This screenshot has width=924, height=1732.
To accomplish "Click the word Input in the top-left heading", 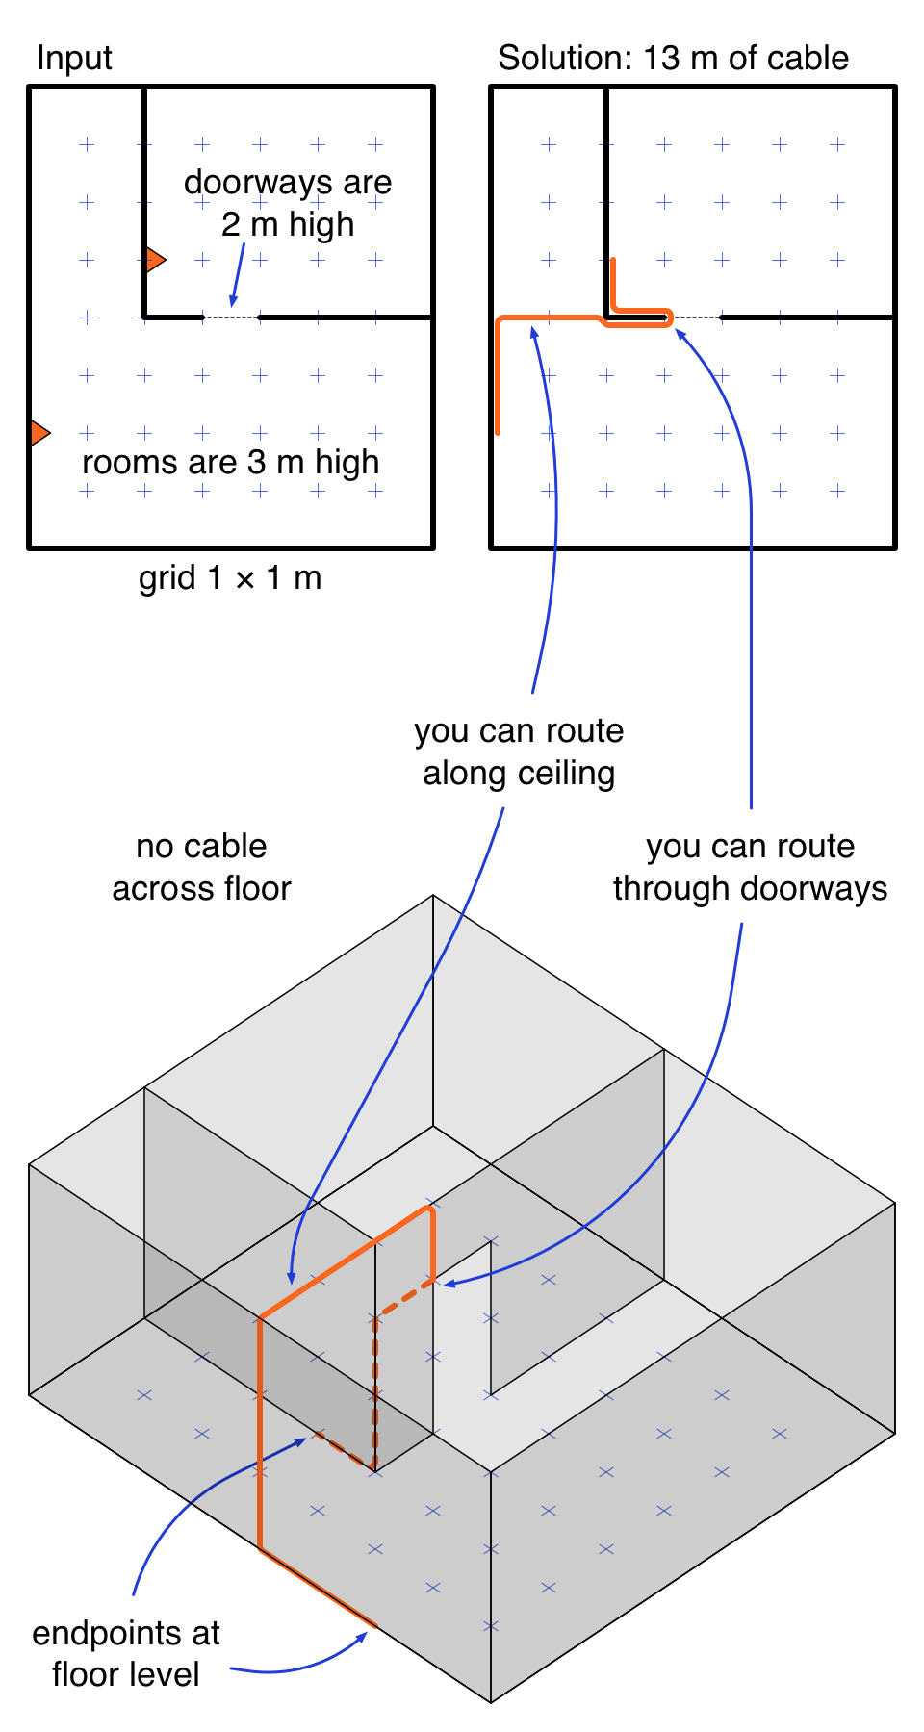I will tap(74, 59).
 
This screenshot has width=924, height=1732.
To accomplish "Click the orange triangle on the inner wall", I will tap(154, 260).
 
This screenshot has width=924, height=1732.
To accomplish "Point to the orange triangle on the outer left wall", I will tap(38, 433).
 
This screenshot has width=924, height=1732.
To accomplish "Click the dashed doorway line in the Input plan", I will tap(231, 317).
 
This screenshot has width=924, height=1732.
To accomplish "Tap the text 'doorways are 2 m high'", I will tap(288, 203).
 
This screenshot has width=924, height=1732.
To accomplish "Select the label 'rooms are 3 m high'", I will tap(231, 463).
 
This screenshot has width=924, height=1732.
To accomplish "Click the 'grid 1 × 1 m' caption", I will tap(230, 578).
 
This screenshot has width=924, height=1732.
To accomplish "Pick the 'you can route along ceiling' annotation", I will tap(519, 751).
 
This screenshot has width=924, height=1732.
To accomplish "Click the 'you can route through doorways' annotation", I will tap(750, 867).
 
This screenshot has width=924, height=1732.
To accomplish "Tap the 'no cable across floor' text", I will tap(201, 867).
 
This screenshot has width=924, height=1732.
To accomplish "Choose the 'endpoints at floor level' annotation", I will tap(126, 1653).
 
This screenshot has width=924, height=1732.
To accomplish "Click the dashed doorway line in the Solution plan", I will tap(696, 317).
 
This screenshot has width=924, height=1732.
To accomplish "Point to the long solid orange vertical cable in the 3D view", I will tap(260, 1434).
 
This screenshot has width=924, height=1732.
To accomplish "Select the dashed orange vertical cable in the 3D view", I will tap(375, 1386).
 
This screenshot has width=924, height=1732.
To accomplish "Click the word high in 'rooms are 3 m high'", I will tap(347, 463).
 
